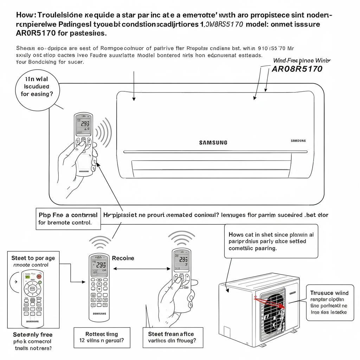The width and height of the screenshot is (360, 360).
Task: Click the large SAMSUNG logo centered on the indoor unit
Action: pyautogui.click(x=213, y=142)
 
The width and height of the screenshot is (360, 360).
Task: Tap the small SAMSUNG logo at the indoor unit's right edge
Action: pyautogui.click(x=298, y=141)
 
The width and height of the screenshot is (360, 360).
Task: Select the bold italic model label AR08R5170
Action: pyautogui.click(x=297, y=69)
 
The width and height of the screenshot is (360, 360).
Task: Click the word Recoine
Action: pyautogui.click(x=123, y=258)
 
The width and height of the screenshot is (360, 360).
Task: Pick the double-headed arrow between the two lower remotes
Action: pyautogui.click(x=141, y=269)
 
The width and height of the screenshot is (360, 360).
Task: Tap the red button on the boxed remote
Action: pyautogui.click(x=39, y=276)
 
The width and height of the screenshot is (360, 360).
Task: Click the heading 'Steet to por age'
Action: pyautogui.click(x=33, y=258)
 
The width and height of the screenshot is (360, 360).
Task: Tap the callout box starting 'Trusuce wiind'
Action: pyautogui.click(x=329, y=302)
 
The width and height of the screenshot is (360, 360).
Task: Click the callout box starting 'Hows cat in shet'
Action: pyautogui.click(x=271, y=241)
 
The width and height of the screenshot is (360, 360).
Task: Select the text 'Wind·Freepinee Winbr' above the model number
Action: pyautogui.click(x=302, y=60)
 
